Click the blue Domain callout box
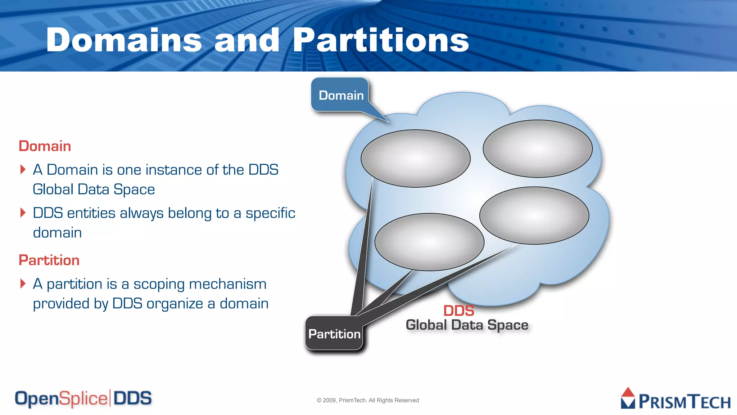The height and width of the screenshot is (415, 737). tap(340, 95)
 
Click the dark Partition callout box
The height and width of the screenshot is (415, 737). tap(334, 334)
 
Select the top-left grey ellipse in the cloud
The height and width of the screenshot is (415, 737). tap(415, 159)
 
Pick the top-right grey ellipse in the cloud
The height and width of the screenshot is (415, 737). tap(537, 148)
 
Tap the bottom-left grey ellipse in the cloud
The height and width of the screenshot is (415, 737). tap(429, 242)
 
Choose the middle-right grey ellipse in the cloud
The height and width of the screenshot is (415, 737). tap(534, 215)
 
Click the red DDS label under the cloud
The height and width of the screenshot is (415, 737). tap(458, 311)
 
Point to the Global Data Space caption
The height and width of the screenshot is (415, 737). tap(467, 325)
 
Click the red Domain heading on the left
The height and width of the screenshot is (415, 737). tap(45, 146)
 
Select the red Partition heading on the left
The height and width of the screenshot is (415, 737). tap(49, 260)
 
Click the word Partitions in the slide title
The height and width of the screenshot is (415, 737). tap(381, 40)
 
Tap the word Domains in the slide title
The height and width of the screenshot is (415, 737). tap(124, 40)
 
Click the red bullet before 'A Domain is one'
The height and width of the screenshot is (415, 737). tap(23, 169)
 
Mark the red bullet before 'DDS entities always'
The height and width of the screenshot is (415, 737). tap(23, 213)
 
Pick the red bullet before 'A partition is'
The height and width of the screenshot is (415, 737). tap(23, 284)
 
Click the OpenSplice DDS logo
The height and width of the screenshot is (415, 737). tap(83, 398)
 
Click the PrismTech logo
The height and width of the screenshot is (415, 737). tap(675, 399)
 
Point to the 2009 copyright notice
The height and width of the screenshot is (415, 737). tap(368, 400)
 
